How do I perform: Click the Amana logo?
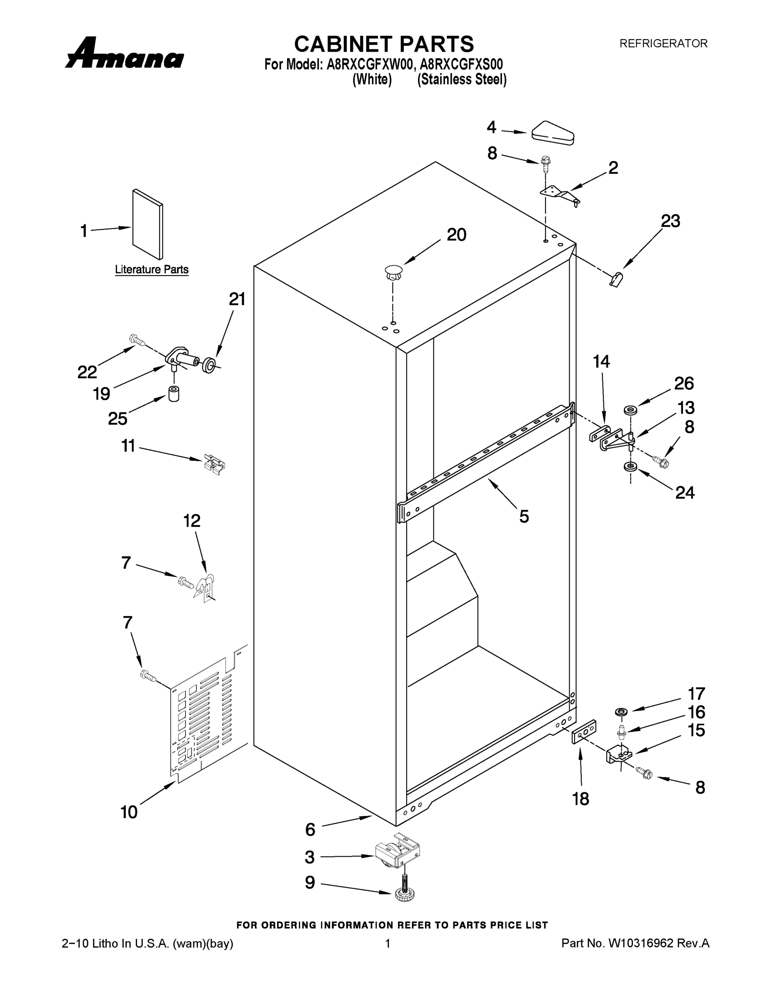click(x=125, y=54)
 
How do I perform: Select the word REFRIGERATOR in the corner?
click(x=663, y=43)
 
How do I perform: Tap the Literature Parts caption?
click(x=152, y=269)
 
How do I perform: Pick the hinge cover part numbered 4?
click(x=553, y=133)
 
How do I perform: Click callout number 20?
click(x=456, y=235)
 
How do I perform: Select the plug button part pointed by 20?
click(x=393, y=272)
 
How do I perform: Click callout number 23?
click(x=670, y=221)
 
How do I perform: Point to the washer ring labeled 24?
click(x=630, y=467)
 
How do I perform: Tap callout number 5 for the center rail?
click(x=524, y=516)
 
